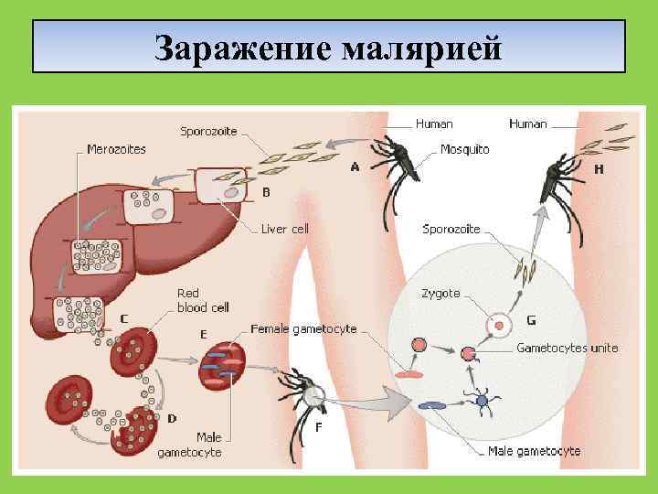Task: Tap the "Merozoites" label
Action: tap(116, 149)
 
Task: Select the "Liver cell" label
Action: tap(285, 229)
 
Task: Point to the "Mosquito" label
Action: tap(464, 149)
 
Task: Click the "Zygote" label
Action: tap(440, 294)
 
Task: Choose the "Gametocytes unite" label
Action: tap(567, 349)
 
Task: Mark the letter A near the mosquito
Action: tap(355, 167)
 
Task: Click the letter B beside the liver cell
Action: tap(266, 192)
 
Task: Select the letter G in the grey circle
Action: tap(531, 320)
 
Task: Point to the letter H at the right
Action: tap(598, 169)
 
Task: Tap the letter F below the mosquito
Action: tap(318, 426)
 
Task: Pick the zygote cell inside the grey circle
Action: tap(499, 325)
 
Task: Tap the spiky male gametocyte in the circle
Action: tap(481, 398)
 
